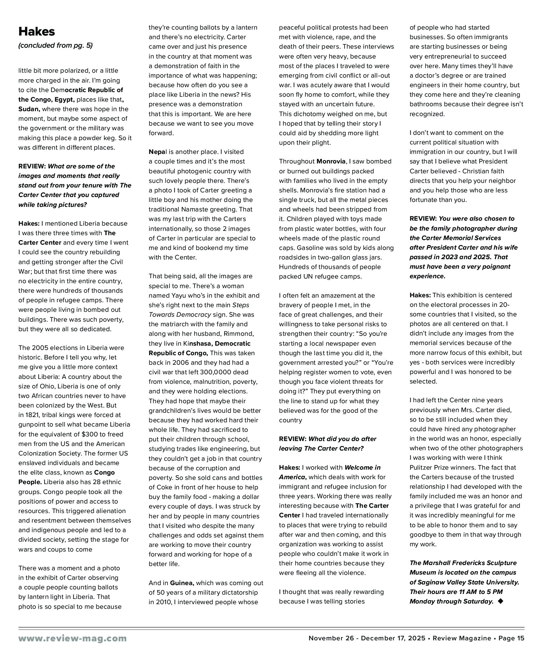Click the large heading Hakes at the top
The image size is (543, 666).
click(x=37, y=32)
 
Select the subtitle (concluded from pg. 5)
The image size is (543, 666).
click(x=55, y=45)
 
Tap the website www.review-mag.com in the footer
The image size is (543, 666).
click(x=72, y=638)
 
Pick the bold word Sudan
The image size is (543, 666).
click(x=29, y=109)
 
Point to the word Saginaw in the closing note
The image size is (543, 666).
click(x=429, y=582)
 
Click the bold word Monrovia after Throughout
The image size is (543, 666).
click(x=331, y=161)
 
